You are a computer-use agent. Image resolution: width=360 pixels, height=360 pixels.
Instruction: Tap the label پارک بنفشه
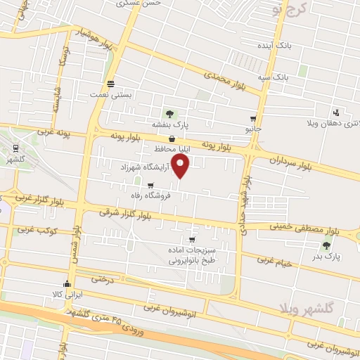(168, 124)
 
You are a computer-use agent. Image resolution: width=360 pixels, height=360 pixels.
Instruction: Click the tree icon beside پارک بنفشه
(168, 113)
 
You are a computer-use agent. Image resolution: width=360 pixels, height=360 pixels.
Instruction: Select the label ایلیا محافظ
(173, 149)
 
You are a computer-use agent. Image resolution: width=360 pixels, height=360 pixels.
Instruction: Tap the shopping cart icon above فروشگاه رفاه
(150, 186)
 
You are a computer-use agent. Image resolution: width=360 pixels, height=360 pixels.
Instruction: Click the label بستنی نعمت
(110, 94)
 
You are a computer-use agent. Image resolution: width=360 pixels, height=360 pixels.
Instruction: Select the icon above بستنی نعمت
(110, 83)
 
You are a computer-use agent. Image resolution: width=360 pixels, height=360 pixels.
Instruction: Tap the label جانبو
(252, 129)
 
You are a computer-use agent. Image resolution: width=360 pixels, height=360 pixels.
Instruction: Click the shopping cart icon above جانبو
(252, 119)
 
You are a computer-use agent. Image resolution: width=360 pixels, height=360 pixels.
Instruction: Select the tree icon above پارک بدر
(326, 245)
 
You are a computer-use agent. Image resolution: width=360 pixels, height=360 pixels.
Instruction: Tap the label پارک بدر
(326, 257)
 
